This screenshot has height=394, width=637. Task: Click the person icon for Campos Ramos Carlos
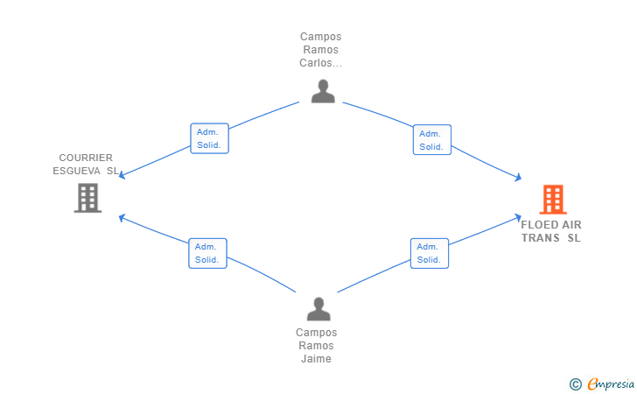pyautogui.click(x=323, y=91)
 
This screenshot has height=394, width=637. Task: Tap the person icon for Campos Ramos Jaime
pyautogui.click(x=318, y=308)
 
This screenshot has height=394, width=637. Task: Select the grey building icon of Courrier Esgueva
pyautogui.click(x=87, y=198)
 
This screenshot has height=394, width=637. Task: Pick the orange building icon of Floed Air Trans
pyautogui.click(x=552, y=200)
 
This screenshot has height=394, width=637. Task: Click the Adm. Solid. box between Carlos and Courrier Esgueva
pyautogui.click(x=209, y=138)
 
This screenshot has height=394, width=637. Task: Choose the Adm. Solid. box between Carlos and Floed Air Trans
pyautogui.click(x=431, y=140)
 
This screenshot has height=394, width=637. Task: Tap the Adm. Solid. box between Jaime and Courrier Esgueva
pyautogui.click(x=207, y=253)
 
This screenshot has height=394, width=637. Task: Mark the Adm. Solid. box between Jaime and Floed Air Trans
pyautogui.click(x=429, y=253)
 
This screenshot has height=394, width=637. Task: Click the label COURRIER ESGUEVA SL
pyautogui.click(x=86, y=165)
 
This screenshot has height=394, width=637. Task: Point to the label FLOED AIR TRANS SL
pyautogui.click(x=551, y=231)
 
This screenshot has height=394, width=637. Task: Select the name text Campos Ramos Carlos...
pyautogui.click(x=320, y=50)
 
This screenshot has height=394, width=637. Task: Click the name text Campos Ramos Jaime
pyautogui.click(x=316, y=345)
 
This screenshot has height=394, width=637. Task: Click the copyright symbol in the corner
pyautogui.click(x=575, y=383)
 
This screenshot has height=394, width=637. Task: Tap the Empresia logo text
pyautogui.click(x=611, y=383)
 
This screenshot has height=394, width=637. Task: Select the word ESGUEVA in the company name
pyautogui.click(x=77, y=171)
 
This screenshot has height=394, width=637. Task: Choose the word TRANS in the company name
pyautogui.click(x=540, y=238)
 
